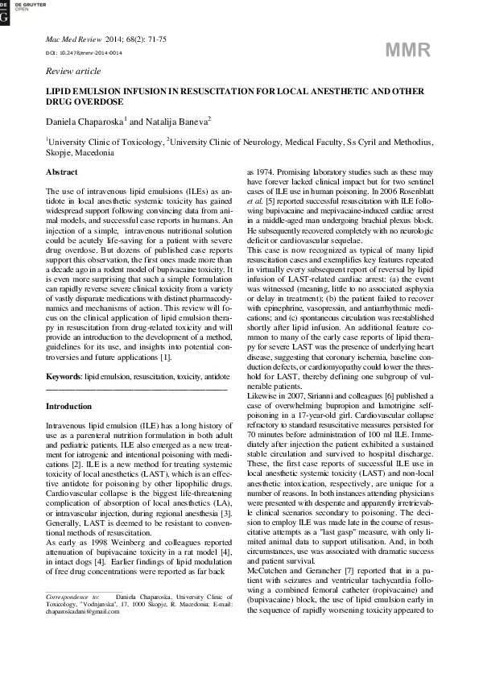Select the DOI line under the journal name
click(77, 52)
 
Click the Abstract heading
click(62, 172)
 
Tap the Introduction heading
click(69, 406)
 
